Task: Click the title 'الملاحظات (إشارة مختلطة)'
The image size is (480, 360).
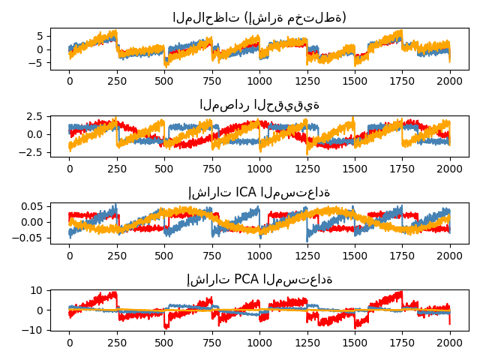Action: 259,17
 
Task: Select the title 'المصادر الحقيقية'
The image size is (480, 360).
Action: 259,105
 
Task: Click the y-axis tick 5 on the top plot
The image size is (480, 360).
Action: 41,35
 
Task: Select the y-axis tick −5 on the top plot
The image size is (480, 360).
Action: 38,64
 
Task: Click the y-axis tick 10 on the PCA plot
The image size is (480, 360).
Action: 38,290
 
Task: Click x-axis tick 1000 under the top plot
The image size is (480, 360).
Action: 259,80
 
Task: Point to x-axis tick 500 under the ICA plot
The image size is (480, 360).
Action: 164,255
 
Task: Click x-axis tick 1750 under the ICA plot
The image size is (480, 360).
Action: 403,255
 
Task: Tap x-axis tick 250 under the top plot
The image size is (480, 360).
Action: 117,80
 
